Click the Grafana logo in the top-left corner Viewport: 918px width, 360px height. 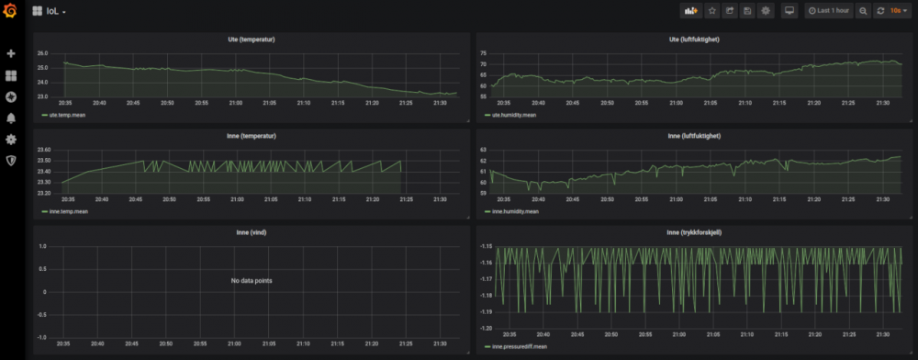[x=11, y=11]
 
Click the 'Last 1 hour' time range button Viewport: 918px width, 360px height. [x=829, y=11]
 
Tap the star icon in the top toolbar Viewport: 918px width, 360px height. [x=711, y=11]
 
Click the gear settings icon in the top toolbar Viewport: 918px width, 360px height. [x=766, y=11]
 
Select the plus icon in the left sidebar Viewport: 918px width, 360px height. [x=11, y=54]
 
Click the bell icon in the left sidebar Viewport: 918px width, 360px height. [x=11, y=118]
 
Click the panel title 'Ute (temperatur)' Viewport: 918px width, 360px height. [x=252, y=39]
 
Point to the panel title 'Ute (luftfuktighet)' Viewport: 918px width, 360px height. [x=695, y=39]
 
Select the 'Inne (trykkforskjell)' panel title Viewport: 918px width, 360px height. [x=694, y=232]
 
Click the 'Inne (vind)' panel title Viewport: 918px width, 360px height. [x=252, y=232]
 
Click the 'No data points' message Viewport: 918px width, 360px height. [x=252, y=280]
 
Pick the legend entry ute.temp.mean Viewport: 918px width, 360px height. [x=65, y=115]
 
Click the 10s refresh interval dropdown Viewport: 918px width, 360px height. [x=898, y=11]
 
